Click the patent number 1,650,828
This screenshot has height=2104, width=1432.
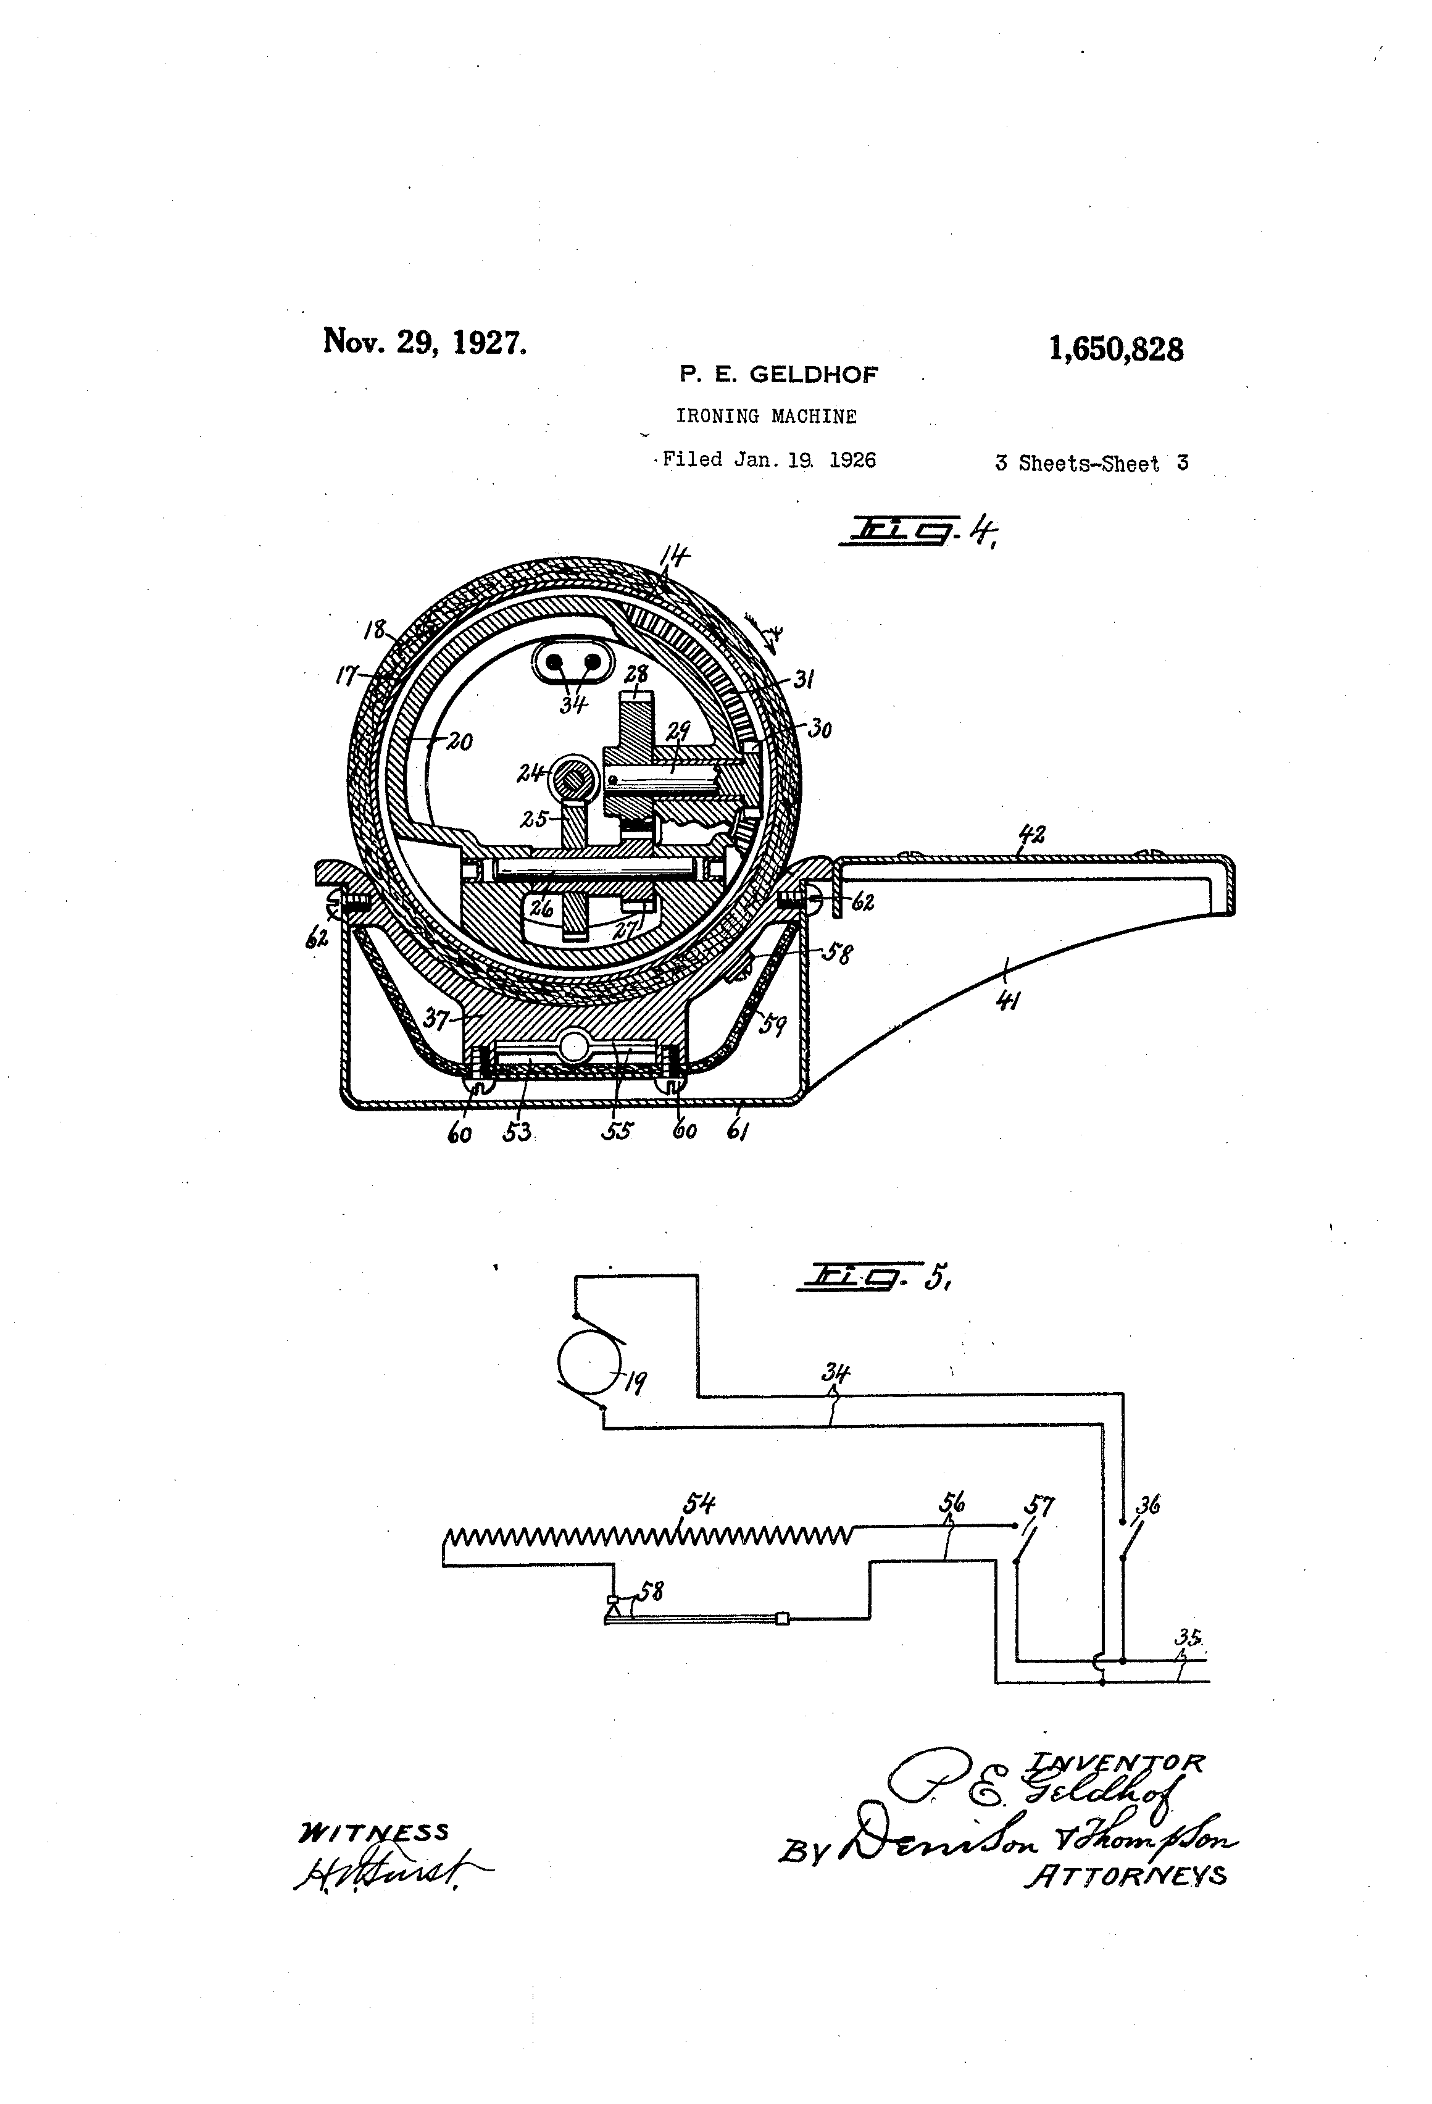tap(1115, 349)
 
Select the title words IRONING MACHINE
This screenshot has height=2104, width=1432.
tap(766, 417)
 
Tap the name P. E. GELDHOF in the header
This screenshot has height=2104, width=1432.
tap(778, 374)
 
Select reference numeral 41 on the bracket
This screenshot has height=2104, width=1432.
tap(1005, 998)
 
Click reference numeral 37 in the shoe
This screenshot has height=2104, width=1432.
tap(436, 1021)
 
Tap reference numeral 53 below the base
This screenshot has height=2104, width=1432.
tap(517, 1132)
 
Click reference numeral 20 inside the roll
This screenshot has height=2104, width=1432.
tap(459, 741)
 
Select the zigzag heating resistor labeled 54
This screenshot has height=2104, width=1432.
tap(648, 1535)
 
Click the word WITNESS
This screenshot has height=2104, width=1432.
tap(373, 1832)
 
